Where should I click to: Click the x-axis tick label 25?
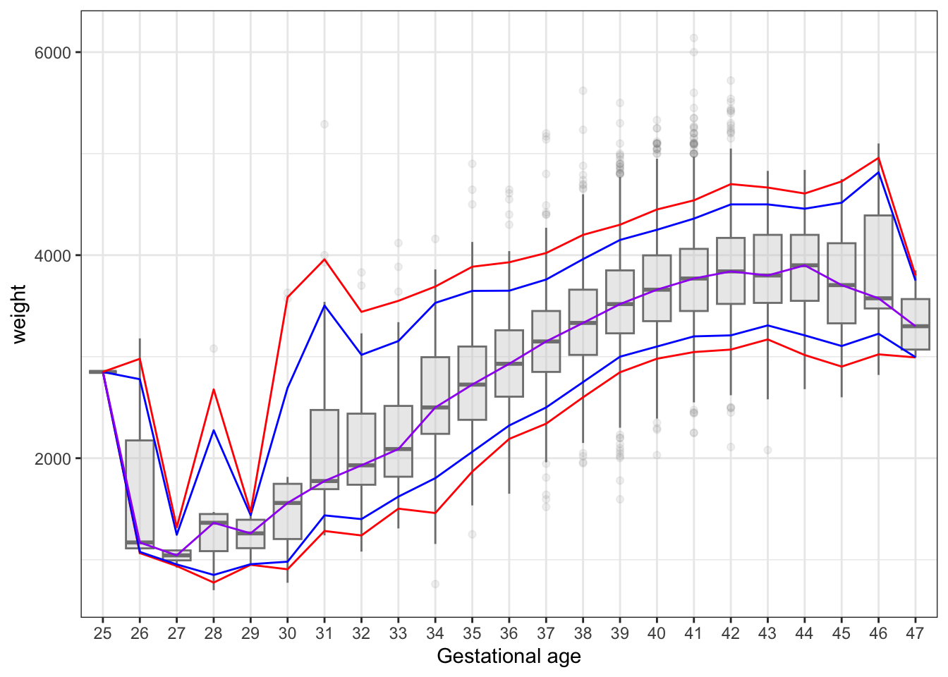pyautogui.click(x=103, y=634)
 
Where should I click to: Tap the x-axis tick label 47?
pyautogui.click(x=915, y=634)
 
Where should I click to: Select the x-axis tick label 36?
pyautogui.click(x=509, y=634)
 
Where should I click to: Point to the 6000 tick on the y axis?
pyautogui.click(x=53, y=53)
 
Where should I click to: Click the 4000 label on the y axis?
pyautogui.click(x=53, y=255)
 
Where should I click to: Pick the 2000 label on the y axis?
pyautogui.click(x=53, y=458)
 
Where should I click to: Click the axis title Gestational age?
pyautogui.click(x=509, y=657)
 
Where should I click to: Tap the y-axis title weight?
pyautogui.click(x=19, y=314)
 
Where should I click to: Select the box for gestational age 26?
pyautogui.click(x=140, y=494)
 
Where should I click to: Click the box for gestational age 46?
pyautogui.click(x=878, y=262)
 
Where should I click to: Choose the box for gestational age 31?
pyautogui.click(x=324, y=449)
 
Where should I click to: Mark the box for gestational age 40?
pyautogui.click(x=657, y=288)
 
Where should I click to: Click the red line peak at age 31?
pyautogui.click(x=324, y=259)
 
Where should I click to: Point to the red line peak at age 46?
pyautogui.click(x=878, y=158)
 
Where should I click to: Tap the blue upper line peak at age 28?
pyautogui.click(x=214, y=430)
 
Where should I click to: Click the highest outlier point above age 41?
pyautogui.click(x=693, y=38)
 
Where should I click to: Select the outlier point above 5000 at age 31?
pyautogui.click(x=324, y=124)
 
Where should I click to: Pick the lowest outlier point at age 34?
pyautogui.click(x=435, y=584)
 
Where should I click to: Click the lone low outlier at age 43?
pyautogui.click(x=767, y=450)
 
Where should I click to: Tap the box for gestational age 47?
pyautogui.click(x=915, y=324)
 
